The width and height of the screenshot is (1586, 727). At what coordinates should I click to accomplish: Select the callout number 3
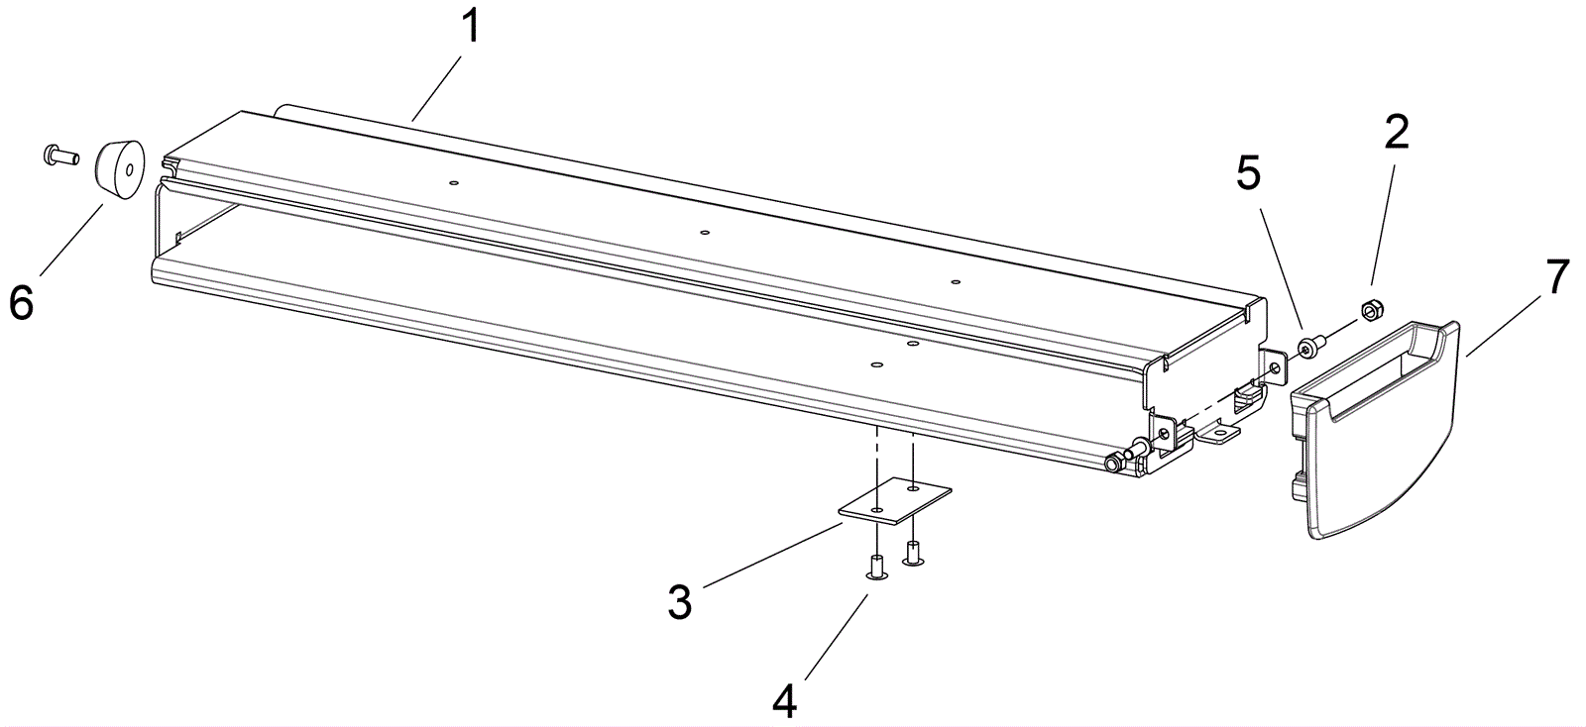point(680,601)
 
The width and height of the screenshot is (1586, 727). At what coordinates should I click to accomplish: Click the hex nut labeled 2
point(1373,309)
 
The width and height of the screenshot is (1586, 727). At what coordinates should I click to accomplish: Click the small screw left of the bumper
point(61,154)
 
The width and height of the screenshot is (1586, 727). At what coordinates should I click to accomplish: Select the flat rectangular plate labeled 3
point(895,501)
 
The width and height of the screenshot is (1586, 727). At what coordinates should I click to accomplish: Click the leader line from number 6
point(72,239)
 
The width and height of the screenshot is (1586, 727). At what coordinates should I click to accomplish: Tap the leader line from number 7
point(1504,324)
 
